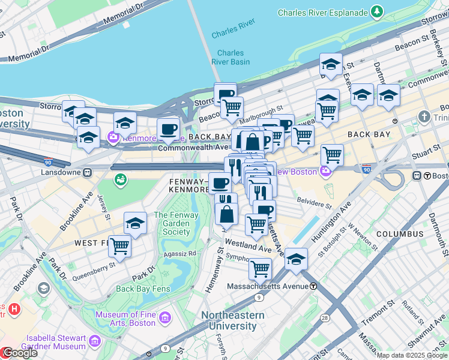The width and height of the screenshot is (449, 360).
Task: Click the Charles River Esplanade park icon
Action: [377, 11]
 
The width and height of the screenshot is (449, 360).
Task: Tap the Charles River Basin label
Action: [231, 57]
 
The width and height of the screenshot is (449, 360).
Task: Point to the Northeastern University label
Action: [232, 320]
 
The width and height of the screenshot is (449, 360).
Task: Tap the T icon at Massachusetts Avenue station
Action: [313, 286]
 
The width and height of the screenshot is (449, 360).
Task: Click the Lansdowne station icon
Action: [88, 172]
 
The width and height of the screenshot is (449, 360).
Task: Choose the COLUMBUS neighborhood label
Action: [400, 233]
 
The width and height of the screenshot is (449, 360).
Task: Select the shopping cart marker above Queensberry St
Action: [120, 246]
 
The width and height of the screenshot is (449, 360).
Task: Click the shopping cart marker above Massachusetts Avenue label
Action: [260, 269]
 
